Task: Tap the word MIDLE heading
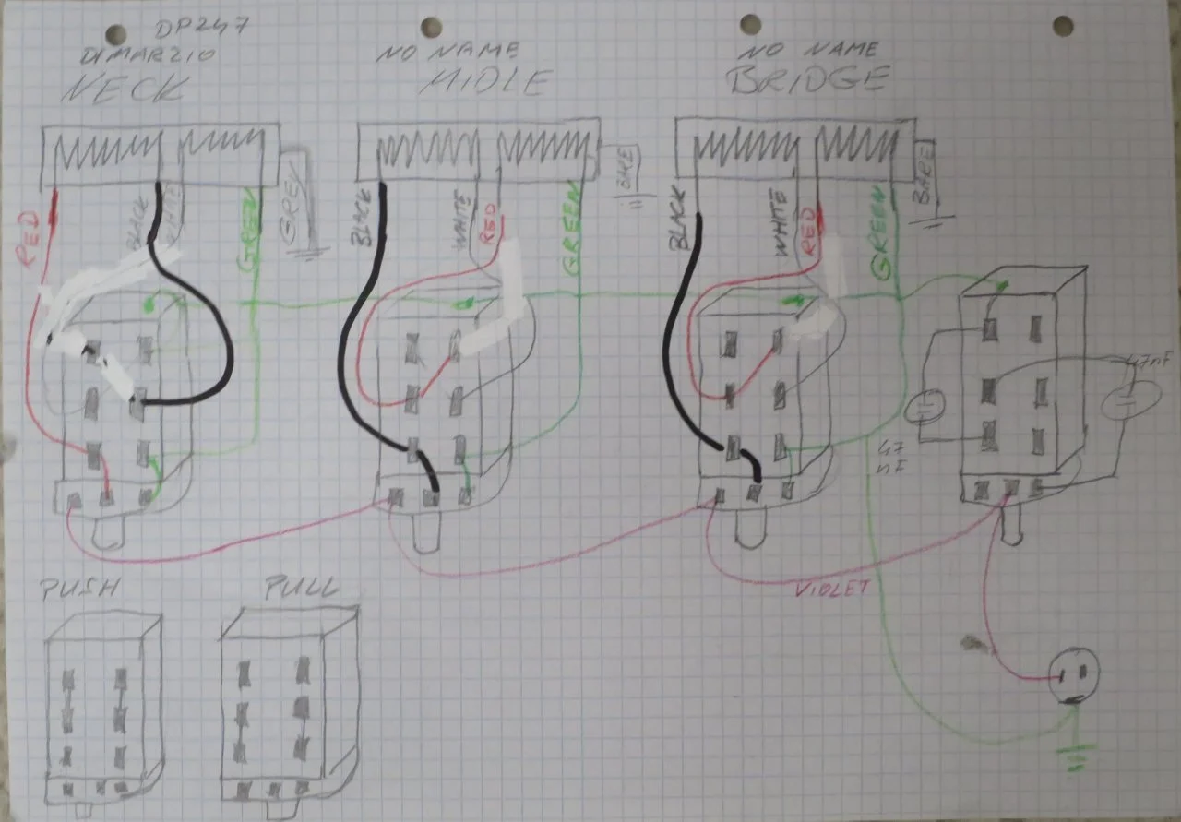(x=486, y=83)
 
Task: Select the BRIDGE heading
(x=806, y=81)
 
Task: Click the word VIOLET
(x=834, y=587)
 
